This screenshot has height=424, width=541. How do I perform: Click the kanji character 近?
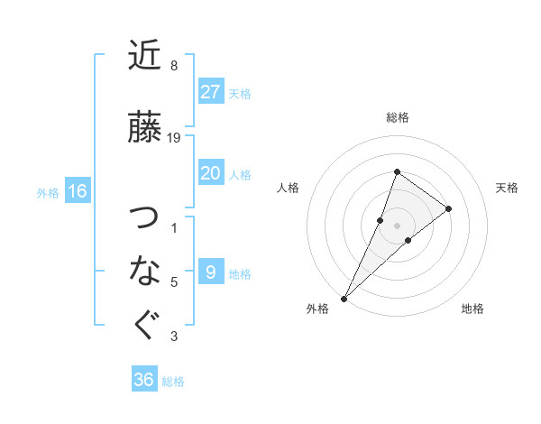coord(144,57)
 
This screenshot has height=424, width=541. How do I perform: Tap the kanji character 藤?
coord(144,127)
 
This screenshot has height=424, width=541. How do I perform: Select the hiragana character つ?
coord(144,218)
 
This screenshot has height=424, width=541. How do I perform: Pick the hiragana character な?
coord(144,269)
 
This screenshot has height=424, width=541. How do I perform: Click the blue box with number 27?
coord(210,91)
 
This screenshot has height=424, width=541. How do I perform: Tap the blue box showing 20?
coord(210,173)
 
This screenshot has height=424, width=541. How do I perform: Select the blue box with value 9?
coord(210,272)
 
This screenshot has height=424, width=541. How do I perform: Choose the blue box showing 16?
coord(78,191)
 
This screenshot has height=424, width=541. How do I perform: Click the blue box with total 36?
coord(144,380)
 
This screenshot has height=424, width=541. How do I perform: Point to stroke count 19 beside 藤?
coord(175,138)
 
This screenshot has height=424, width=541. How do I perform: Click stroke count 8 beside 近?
coord(174,66)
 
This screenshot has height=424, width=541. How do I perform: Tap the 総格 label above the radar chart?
coord(398,117)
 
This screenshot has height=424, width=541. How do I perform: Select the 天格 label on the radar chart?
coord(507,188)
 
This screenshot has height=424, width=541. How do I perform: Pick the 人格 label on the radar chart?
coord(288,188)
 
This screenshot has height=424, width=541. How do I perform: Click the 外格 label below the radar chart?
coord(317,309)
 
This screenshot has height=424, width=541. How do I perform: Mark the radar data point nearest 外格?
coord(344,298)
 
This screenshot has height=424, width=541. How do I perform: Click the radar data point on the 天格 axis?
coord(448,208)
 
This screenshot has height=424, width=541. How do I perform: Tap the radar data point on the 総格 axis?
coord(397,172)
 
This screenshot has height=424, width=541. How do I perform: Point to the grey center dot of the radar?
coord(397,225)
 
